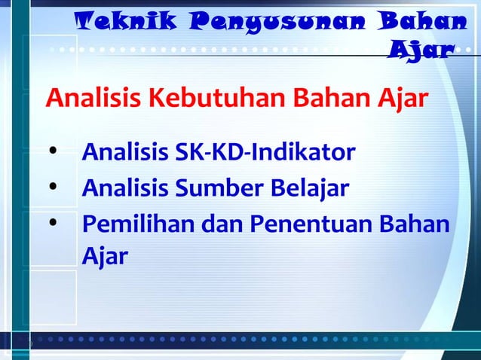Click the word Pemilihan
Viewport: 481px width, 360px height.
pyautogui.click(x=124, y=225)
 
